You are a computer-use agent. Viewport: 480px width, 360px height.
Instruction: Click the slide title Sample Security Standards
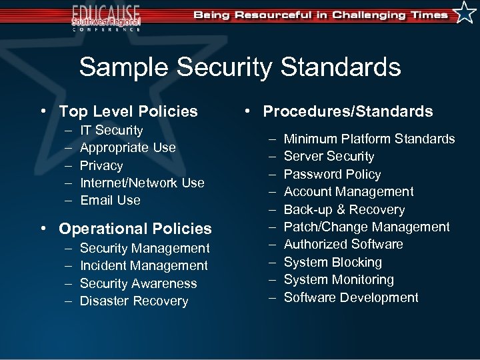point(240,67)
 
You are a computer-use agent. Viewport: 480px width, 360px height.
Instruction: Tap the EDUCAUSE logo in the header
point(107,17)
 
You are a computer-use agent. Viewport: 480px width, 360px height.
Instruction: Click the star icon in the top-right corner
point(464,13)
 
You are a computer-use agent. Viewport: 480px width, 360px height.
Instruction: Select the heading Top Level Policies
point(128,111)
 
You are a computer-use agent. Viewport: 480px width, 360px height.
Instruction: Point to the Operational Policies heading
point(135,229)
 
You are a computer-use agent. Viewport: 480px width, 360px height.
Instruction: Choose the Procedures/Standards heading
point(347,111)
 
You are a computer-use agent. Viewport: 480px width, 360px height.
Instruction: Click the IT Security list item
point(111,131)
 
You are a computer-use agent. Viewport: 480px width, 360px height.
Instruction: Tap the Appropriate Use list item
point(127,148)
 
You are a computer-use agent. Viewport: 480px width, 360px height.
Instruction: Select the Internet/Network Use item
point(142,183)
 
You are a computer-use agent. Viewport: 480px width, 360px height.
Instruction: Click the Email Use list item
point(110,200)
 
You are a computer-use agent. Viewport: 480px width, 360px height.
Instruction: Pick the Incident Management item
point(143,265)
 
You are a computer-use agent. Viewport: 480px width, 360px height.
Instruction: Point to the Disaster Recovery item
point(134,301)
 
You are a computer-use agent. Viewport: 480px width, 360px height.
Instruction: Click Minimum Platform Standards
point(369,139)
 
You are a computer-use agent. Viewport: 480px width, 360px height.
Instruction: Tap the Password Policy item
point(332,174)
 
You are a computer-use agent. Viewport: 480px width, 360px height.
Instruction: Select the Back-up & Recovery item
point(344,209)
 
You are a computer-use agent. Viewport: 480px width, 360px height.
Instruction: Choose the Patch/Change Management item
point(367,227)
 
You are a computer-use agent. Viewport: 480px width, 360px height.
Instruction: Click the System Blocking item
point(333,262)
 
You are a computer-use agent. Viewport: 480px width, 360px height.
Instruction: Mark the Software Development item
point(351,297)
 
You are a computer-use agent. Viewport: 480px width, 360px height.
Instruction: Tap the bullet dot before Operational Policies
point(43,229)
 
